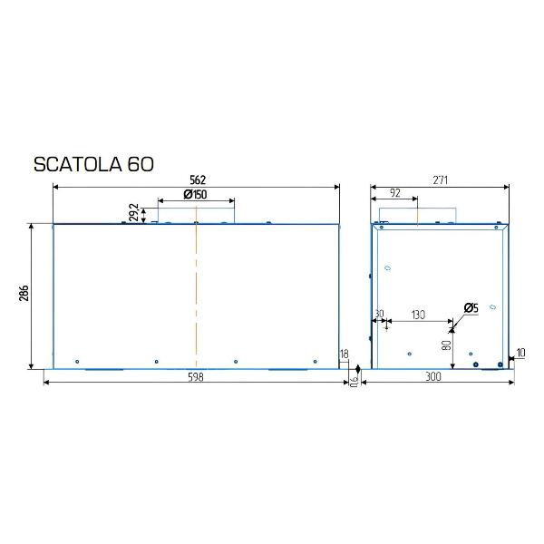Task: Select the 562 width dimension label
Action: [196, 180]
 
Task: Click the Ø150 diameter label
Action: [195, 195]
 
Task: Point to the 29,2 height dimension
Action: [134, 212]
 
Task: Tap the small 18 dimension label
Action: [344, 355]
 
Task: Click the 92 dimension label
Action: [395, 193]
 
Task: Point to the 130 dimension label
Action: [417, 314]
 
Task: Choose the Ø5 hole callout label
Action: [471, 308]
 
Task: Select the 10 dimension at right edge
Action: [520, 353]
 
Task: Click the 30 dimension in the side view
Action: [379, 314]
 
